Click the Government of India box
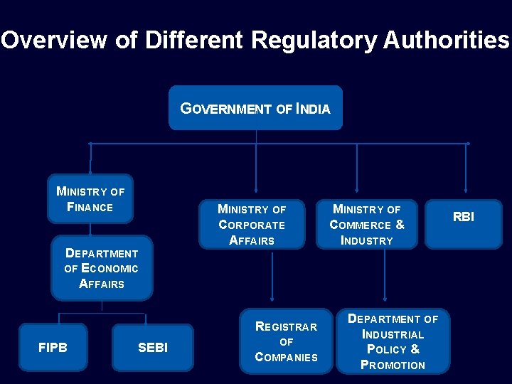(255, 108)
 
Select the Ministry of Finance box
(90, 199)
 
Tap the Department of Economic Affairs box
(102, 268)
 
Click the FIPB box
(53, 347)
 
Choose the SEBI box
(152, 348)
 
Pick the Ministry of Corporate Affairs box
(252, 225)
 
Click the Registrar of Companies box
(286, 341)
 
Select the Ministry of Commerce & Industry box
(367, 225)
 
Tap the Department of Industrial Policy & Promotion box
(393, 342)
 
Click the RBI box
(464, 217)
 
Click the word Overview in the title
(53, 40)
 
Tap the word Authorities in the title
(446, 40)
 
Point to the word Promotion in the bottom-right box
(393, 365)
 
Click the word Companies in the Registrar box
(286, 357)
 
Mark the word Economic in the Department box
(110, 268)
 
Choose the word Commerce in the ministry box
(361, 225)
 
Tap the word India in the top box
(313, 109)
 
